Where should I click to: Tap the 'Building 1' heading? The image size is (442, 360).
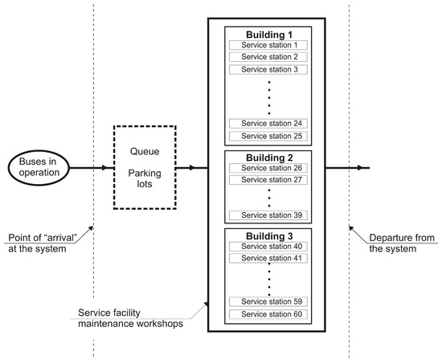[268, 33]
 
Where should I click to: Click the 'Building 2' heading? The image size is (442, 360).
[268, 157]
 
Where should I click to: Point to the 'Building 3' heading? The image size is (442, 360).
[268, 235]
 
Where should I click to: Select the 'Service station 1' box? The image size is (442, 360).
[268, 44]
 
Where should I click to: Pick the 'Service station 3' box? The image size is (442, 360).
[268, 70]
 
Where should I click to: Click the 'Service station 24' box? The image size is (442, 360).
[268, 123]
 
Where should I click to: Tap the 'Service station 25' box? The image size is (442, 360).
[268, 136]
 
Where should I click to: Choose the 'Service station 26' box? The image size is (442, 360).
[268, 167]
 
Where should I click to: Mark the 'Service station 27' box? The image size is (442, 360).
[268, 180]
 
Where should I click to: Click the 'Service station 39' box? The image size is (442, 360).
[268, 215]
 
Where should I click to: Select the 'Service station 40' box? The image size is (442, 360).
[268, 246]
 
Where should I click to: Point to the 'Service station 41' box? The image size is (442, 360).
[268, 259]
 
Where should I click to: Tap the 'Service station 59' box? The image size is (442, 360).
[268, 301]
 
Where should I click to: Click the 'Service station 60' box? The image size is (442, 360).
[268, 313]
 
